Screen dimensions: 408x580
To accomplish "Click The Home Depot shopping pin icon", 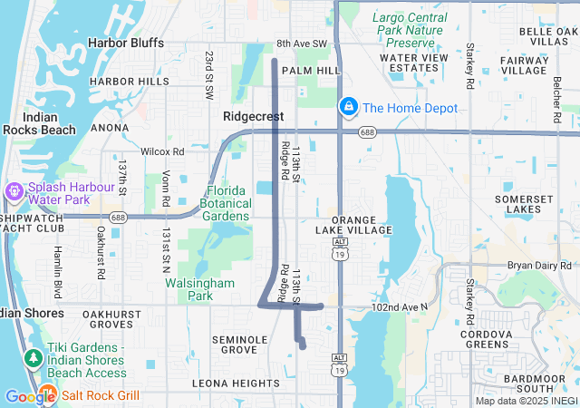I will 347,108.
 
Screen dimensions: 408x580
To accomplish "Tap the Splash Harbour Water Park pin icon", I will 14,192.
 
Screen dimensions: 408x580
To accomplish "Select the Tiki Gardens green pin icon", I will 34,359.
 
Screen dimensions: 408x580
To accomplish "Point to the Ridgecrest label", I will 253,117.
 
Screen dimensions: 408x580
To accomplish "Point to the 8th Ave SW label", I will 307,44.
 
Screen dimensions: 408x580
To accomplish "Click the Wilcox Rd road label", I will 162,151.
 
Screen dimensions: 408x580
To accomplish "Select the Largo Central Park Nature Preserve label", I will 409,30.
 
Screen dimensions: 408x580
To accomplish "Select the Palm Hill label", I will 310,70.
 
